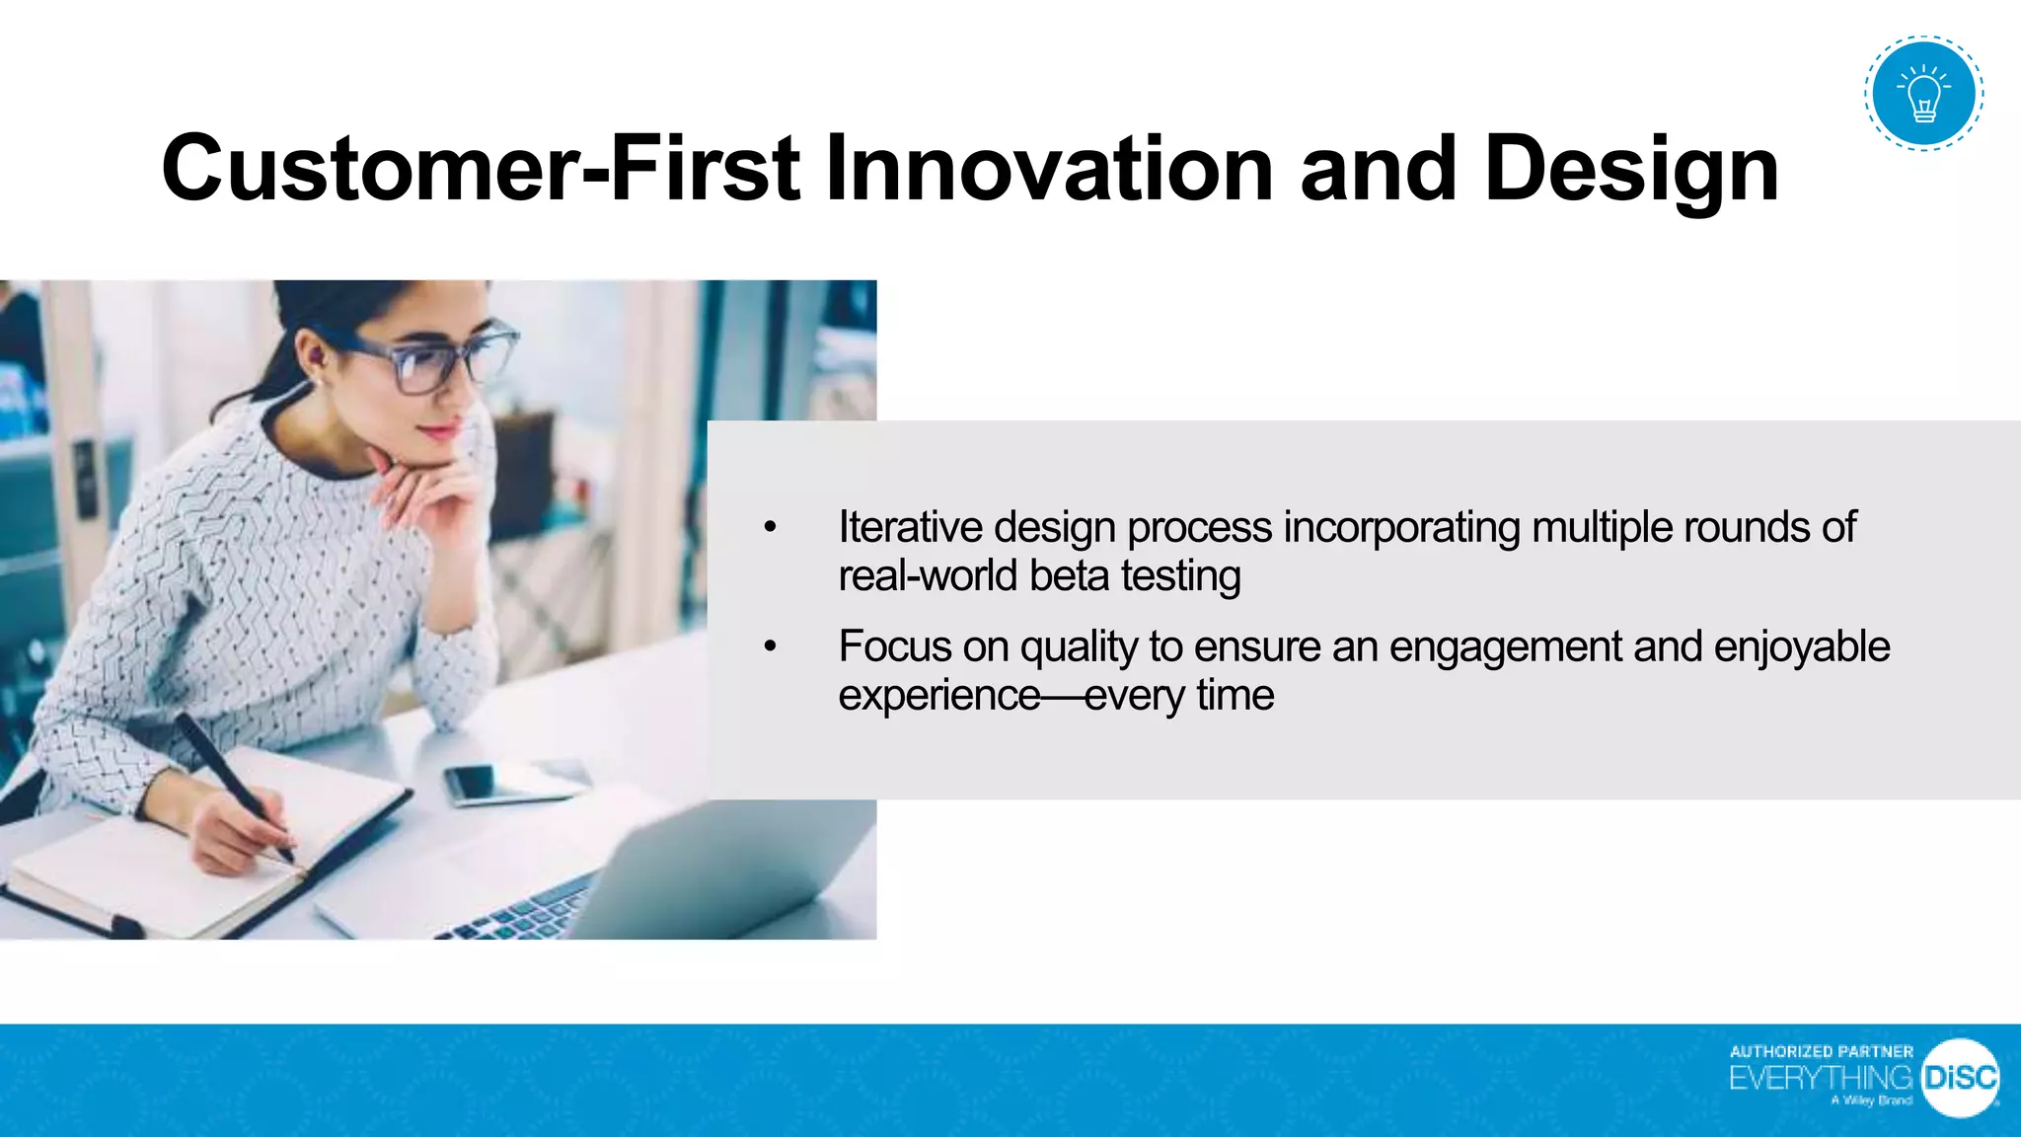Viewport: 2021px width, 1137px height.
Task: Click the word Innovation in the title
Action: pyautogui.click(x=1049, y=169)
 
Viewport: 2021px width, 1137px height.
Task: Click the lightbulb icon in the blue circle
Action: pyautogui.click(x=1923, y=94)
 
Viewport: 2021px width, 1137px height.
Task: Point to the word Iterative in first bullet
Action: pyautogui.click(x=910, y=527)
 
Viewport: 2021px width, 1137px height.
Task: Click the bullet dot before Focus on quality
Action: pyautogui.click(x=771, y=646)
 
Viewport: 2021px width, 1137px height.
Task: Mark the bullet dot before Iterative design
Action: pyautogui.click(x=771, y=527)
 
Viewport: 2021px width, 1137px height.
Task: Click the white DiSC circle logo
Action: pyautogui.click(x=1960, y=1078)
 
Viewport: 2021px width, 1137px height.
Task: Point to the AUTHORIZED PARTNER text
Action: pyautogui.click(x=1821, y=1052)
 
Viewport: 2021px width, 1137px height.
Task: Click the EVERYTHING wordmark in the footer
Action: pyautogui.click(x=1821, y=1078)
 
